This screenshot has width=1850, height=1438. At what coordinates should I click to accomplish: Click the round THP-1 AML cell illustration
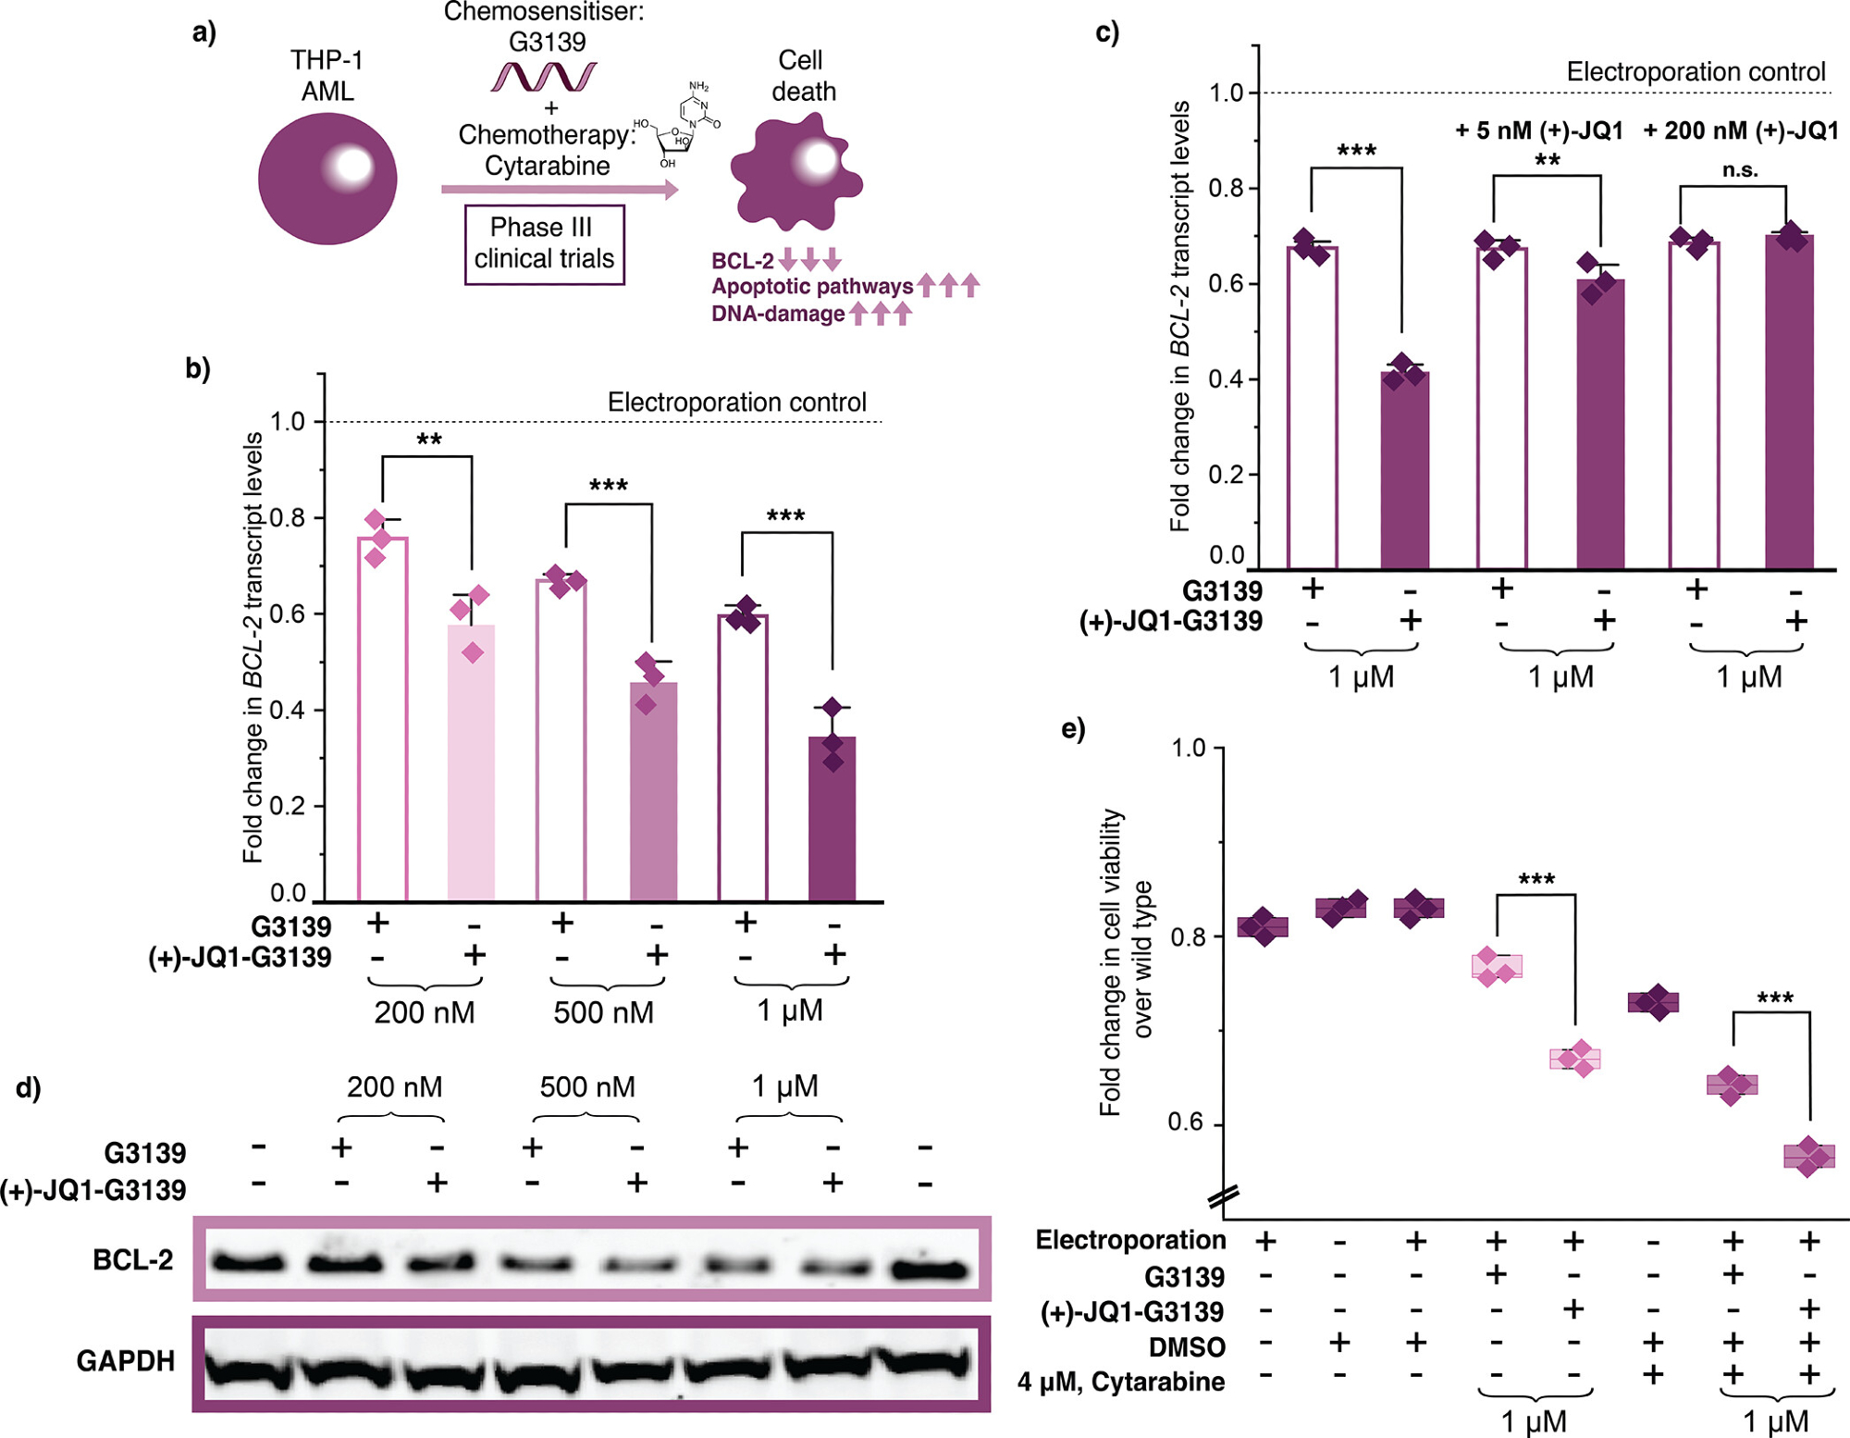(327, 179)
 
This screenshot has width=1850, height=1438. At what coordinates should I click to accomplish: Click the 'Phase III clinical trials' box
(544, 243)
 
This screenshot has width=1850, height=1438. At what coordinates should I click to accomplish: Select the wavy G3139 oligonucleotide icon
(544, 77)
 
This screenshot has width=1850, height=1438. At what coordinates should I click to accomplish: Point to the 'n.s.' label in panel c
(1740, 169)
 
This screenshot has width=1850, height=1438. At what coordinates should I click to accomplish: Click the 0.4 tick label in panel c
(1225, 379)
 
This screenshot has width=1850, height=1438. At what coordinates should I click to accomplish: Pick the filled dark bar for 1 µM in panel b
(832, 818)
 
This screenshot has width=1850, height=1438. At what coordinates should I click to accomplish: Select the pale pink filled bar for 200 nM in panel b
(472, 762)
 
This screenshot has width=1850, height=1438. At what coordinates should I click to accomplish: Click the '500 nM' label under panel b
(603, 1012)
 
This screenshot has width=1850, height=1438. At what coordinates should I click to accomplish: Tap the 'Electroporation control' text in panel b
(736, 403)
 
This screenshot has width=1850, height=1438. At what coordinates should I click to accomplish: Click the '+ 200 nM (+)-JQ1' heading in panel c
(1740, 130)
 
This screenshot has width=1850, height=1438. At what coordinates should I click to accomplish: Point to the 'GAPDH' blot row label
(126, 1360)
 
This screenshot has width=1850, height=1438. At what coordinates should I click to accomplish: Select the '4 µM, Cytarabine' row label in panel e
(1121, 1382)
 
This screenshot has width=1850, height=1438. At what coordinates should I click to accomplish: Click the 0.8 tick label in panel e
(1186, 936)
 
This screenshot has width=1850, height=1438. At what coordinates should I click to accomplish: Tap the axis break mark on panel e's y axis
(1223, 1197)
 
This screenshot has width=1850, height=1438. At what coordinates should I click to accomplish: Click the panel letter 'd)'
(29, 1087)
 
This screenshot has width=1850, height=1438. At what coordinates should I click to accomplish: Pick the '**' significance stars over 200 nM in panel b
(428, 440)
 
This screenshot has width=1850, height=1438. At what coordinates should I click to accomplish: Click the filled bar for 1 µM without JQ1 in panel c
(1405, 469)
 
